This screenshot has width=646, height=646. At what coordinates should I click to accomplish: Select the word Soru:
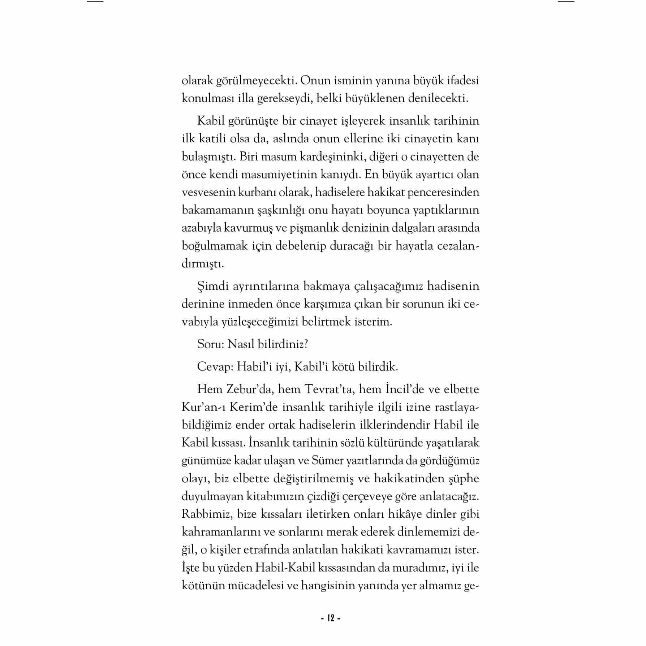[211, 344]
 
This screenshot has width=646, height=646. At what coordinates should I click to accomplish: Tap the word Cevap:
[215, 367]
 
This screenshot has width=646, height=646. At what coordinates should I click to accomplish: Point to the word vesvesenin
[208, 192]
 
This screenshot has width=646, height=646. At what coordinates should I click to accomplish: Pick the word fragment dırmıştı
[203, 264]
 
